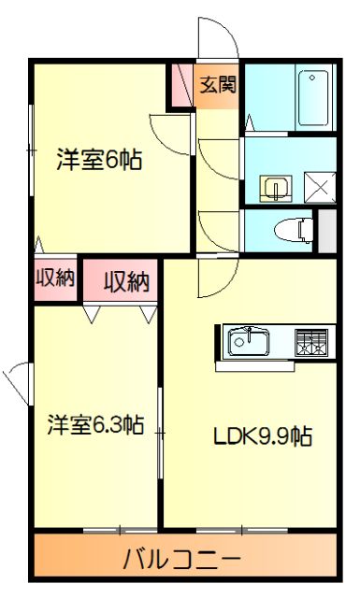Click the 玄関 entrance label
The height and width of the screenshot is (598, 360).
tap(219, 84)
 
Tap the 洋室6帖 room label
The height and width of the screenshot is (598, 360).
tap(98, 160)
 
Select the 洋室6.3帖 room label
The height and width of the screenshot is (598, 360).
tap(96, 426)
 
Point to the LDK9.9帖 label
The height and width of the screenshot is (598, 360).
tap(262, 435)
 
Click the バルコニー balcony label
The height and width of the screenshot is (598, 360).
tap(182, 561)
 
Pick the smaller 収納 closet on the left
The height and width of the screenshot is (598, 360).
tap(54, 279)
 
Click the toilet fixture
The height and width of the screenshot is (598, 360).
tap(295, 228)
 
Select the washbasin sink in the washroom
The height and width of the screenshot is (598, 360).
tap(275, 188)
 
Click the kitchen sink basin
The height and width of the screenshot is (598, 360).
tap(249, 342)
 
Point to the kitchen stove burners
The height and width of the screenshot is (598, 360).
tap(313, 342)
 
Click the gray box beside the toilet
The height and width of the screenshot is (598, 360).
tap(326, 230)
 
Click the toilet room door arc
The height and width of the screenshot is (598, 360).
tap(216, 230)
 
